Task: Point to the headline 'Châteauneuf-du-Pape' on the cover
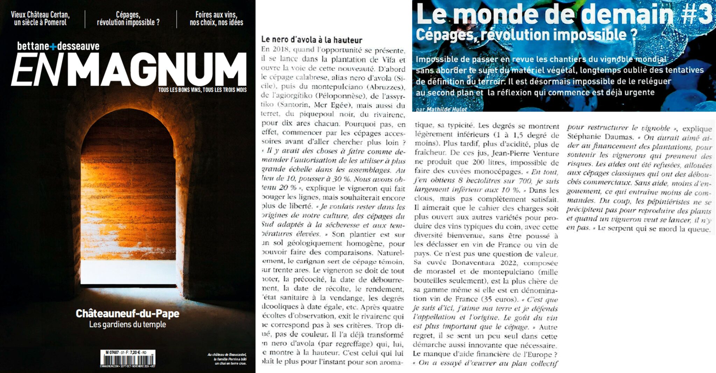coord(128,313)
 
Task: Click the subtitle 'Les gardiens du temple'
coord(128,324)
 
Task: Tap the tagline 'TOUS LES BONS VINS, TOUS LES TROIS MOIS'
coord(202,90)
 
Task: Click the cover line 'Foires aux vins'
coord(216,15)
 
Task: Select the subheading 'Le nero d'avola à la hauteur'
coord(312,40)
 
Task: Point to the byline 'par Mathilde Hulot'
coord(442,109)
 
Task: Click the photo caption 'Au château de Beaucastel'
coord(227,355)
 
